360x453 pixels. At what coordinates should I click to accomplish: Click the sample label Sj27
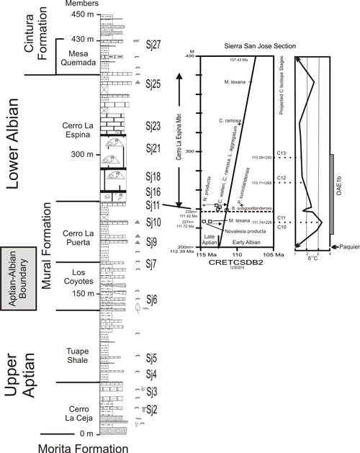152,43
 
